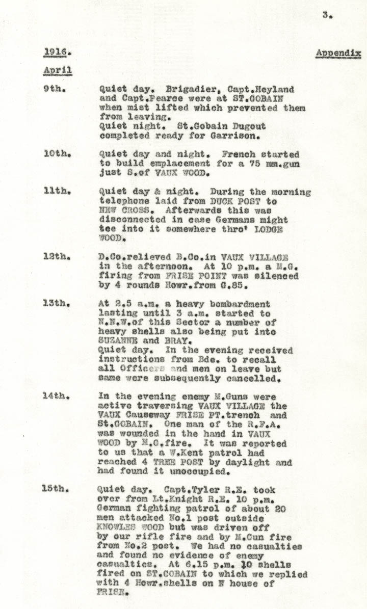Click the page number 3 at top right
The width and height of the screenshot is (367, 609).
coord(327,16)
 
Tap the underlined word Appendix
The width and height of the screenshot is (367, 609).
coord(338,54)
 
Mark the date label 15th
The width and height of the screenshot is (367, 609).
coord(55,490)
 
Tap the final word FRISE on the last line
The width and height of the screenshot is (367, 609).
coord(110,593)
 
